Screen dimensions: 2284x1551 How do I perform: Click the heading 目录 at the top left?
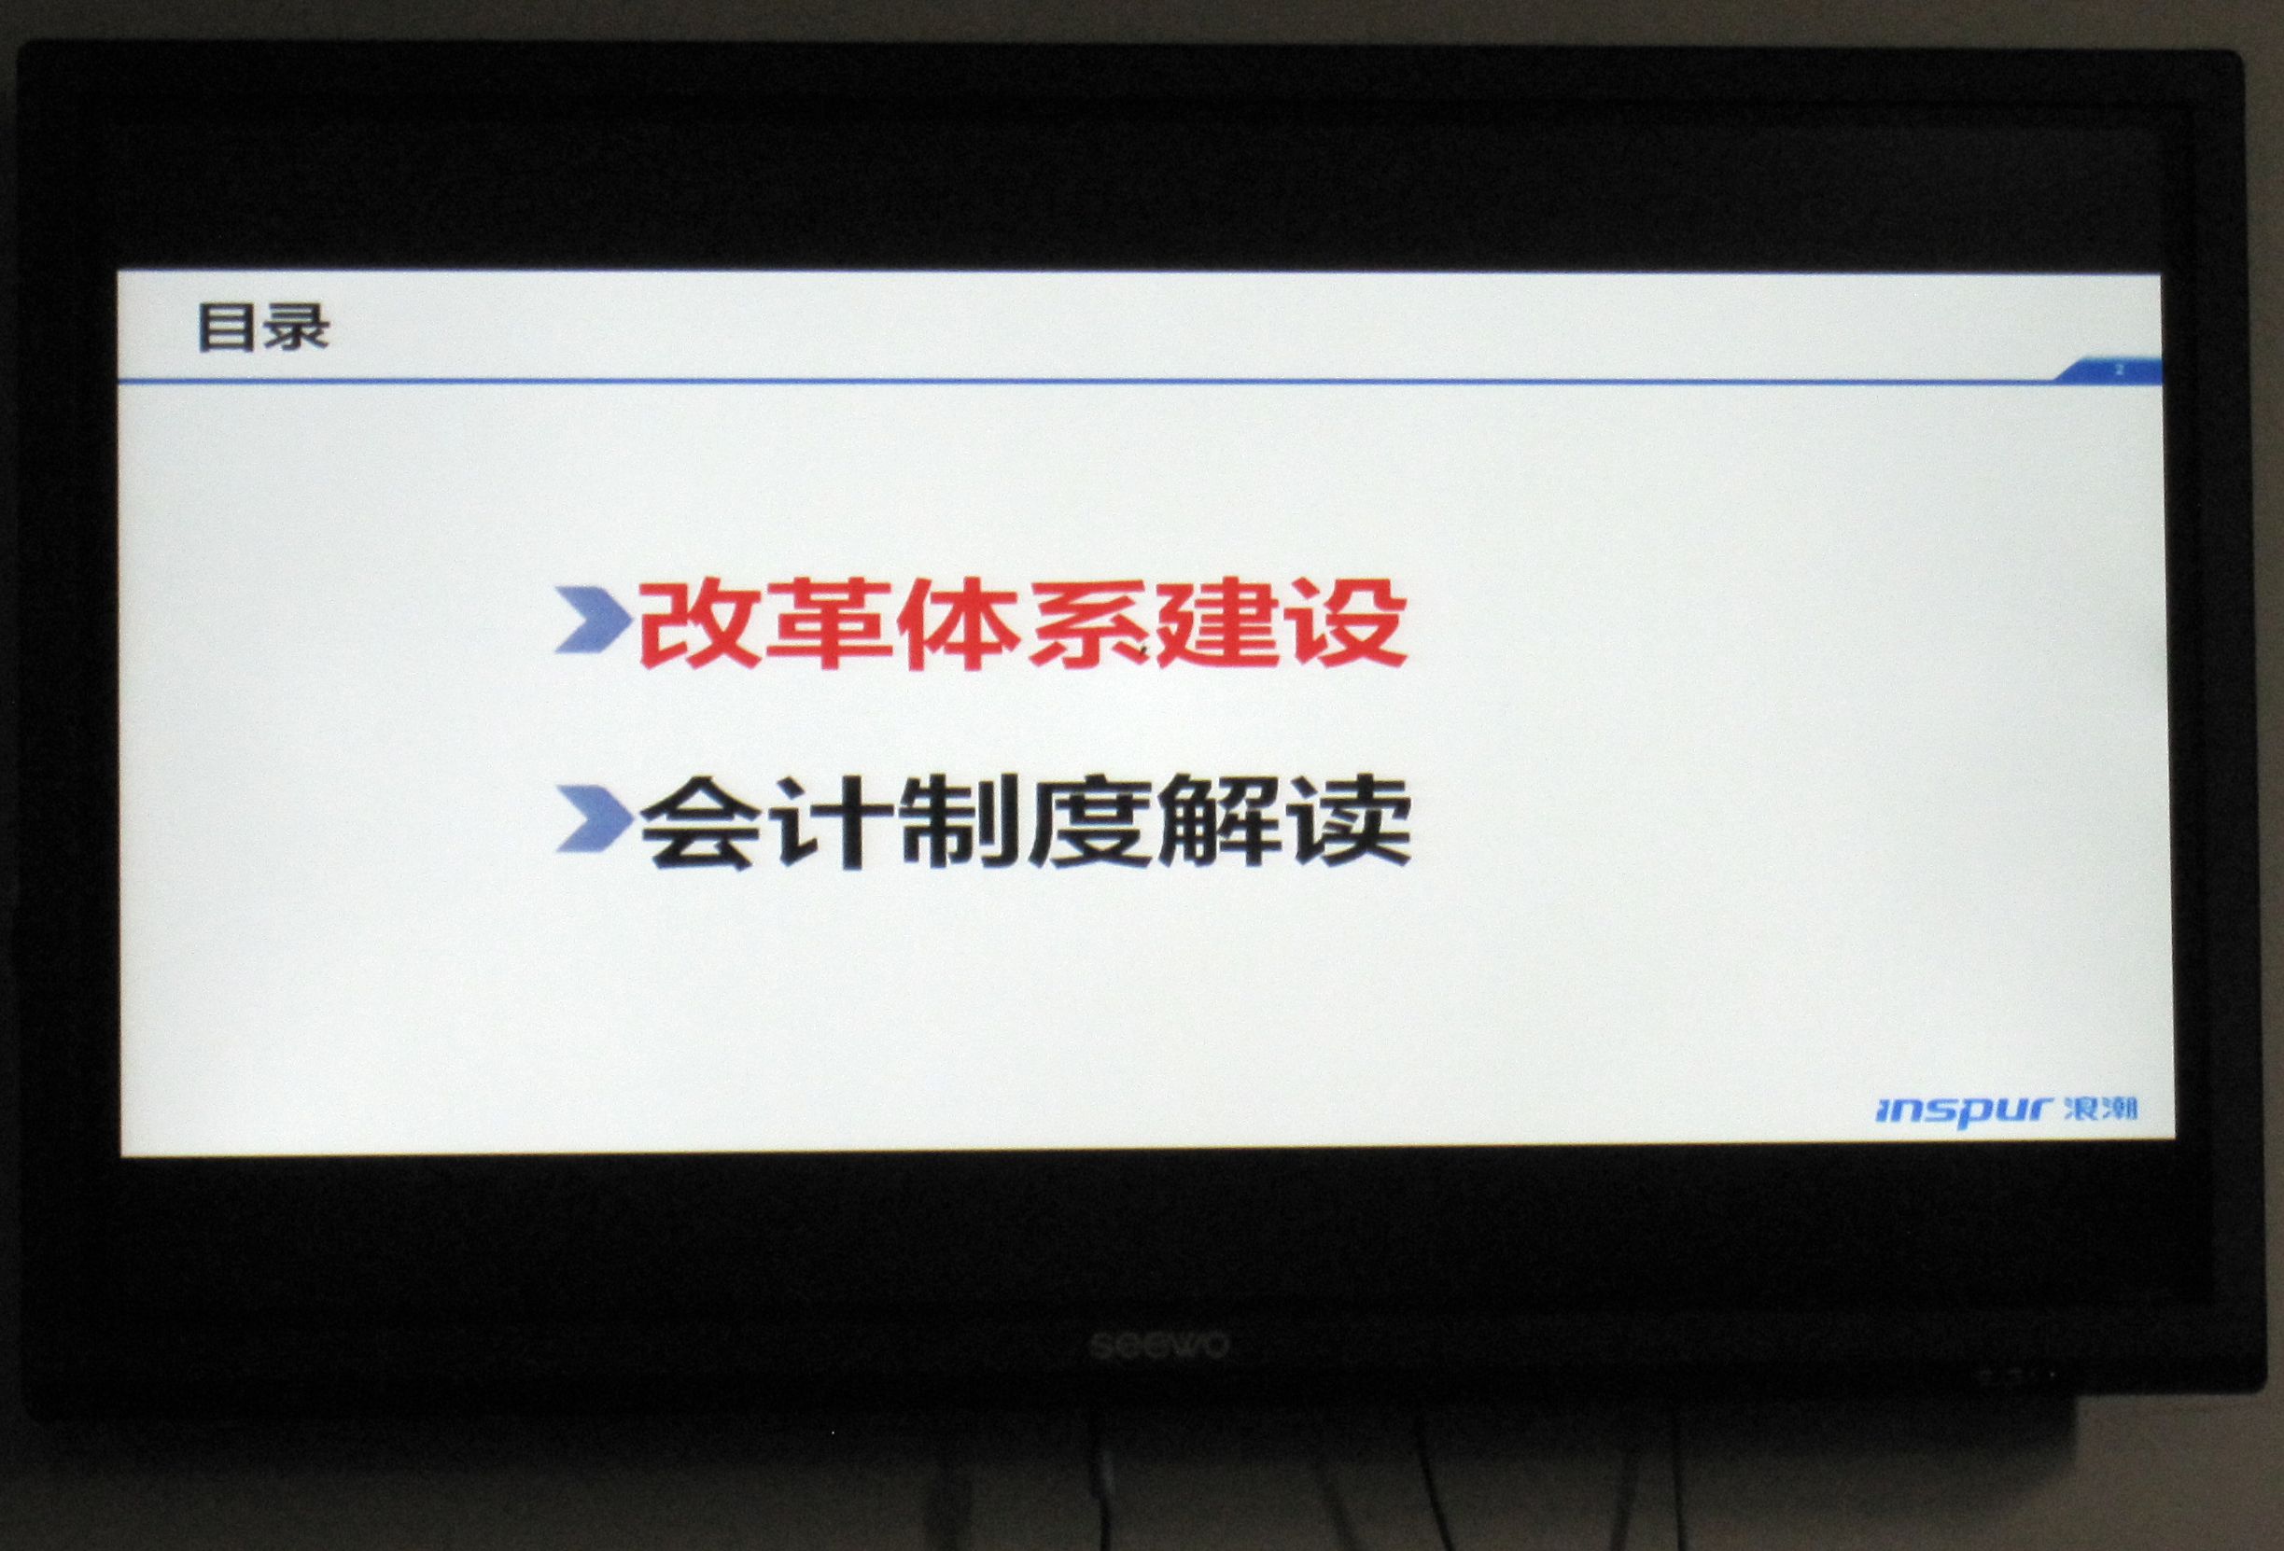(263, 328)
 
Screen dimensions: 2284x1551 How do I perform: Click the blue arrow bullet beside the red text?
(594, 621)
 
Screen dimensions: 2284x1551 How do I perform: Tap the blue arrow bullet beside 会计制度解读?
(595, 817)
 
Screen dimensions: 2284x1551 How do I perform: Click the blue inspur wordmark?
(1963, 1111)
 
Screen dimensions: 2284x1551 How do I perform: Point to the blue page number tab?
(2110, 370)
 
